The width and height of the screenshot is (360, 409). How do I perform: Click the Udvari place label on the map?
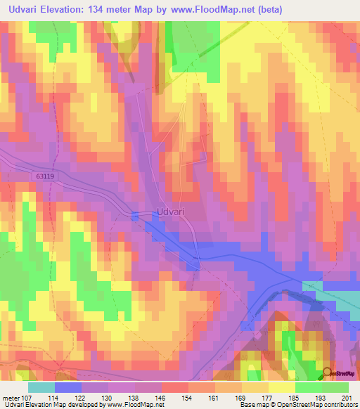169,212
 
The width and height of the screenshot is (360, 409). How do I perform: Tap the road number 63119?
42,177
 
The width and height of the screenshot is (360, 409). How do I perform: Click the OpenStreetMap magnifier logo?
327,373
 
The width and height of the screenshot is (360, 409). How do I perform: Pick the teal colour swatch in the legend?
41,387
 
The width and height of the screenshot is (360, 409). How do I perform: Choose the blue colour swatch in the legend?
68,387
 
